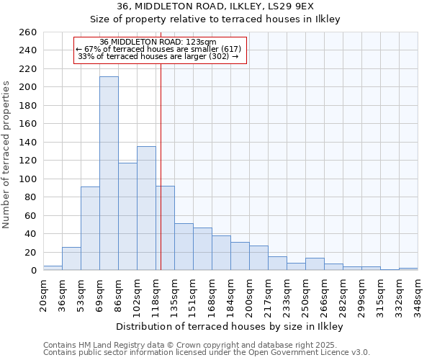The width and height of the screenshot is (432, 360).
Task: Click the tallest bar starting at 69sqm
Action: pos(109,173)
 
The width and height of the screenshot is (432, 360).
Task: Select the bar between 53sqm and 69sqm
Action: pos(90,228)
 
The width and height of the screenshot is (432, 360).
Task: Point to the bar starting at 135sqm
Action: pos(184,247)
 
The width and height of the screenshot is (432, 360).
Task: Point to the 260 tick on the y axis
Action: pos(28,32)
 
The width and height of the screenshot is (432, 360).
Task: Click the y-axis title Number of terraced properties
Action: pos(7,155)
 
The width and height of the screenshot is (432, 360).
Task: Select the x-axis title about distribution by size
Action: pos(229,327)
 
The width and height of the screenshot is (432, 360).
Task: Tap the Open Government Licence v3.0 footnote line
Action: pos(207,353)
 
